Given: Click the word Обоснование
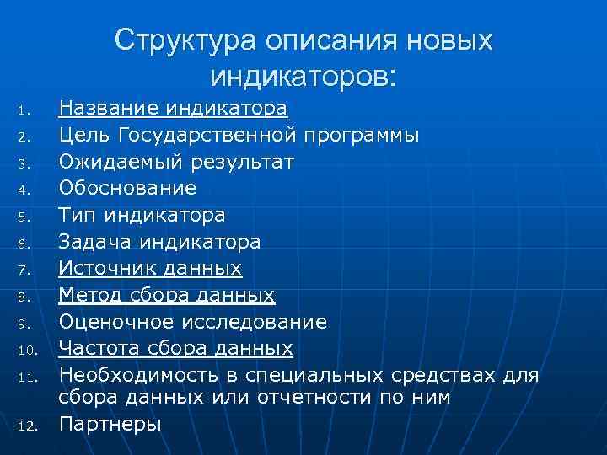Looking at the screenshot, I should coord(127,188).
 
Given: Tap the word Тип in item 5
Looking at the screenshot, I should coord(75,215).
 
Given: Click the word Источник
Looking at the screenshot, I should coord(101,269).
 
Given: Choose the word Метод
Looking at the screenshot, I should coord(88,296).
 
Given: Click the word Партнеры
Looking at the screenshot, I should coord(110,424).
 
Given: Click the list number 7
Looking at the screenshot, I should coord(25,271).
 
